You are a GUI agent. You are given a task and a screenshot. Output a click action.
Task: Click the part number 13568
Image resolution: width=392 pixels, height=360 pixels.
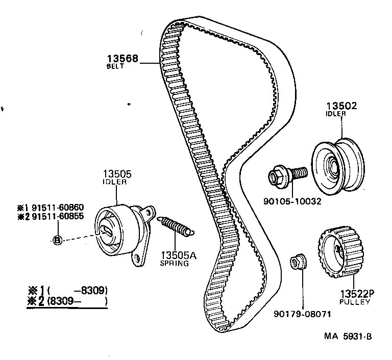click(x=122, y=59)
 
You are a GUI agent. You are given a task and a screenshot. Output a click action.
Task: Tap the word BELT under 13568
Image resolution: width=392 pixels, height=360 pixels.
click(x=115, y=67)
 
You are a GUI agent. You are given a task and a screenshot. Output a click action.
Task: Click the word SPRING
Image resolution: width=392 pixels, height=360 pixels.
click(x=174, y=264)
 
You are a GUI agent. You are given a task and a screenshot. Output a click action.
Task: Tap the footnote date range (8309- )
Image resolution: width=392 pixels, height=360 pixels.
click(x=77, y=301)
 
